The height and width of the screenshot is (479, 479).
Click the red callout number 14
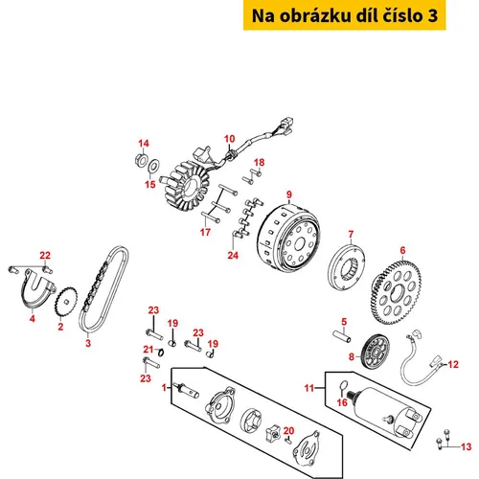click(144, 144)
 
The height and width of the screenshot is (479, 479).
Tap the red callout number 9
click(289, 194)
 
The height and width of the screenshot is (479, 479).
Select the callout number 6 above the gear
click(402, 250)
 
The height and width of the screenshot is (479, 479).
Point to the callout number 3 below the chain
click(88, 343)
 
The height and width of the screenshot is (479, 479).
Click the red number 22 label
click(45, 256)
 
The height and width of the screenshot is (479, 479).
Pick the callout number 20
click(288, 431)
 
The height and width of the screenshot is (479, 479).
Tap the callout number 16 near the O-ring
click(342, 402)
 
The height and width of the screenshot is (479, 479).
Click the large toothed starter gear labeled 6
click(396, 291)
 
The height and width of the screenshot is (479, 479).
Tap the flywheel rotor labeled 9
click(288, 238)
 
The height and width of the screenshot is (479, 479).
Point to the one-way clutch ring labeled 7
click(347, 266)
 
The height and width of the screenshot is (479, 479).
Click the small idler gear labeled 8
click(376, 352)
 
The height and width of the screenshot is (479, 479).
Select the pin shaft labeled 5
click(342, 336)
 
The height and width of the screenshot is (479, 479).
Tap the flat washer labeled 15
click(153, 166)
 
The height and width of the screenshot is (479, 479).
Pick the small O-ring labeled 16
click(343, 386)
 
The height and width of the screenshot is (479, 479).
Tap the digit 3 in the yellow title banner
click(432, 15)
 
